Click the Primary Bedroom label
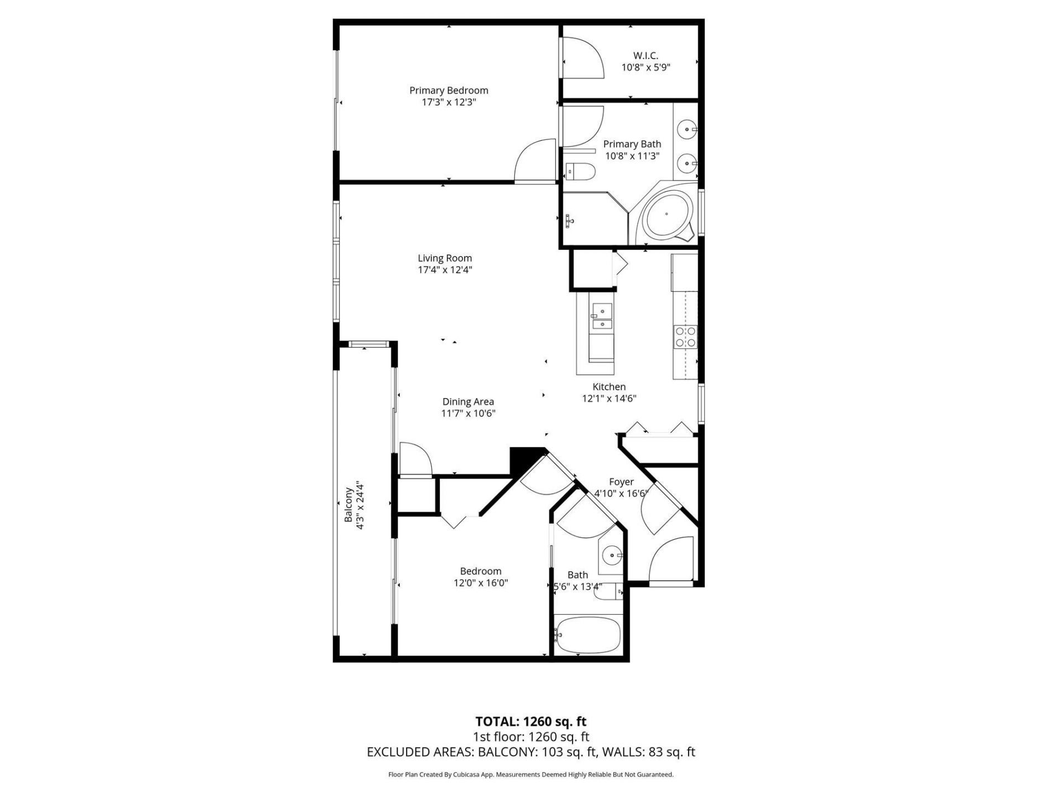448,90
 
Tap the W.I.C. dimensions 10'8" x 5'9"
645,67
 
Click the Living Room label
445,258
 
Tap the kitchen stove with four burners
685,337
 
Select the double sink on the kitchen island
601,318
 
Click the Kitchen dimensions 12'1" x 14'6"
609,399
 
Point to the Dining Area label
468,402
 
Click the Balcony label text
348,504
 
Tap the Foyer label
621,482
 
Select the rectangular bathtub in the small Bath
588,635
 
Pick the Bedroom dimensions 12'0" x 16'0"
481,583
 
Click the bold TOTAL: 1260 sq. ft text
530,721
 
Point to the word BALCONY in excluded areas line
506,752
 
